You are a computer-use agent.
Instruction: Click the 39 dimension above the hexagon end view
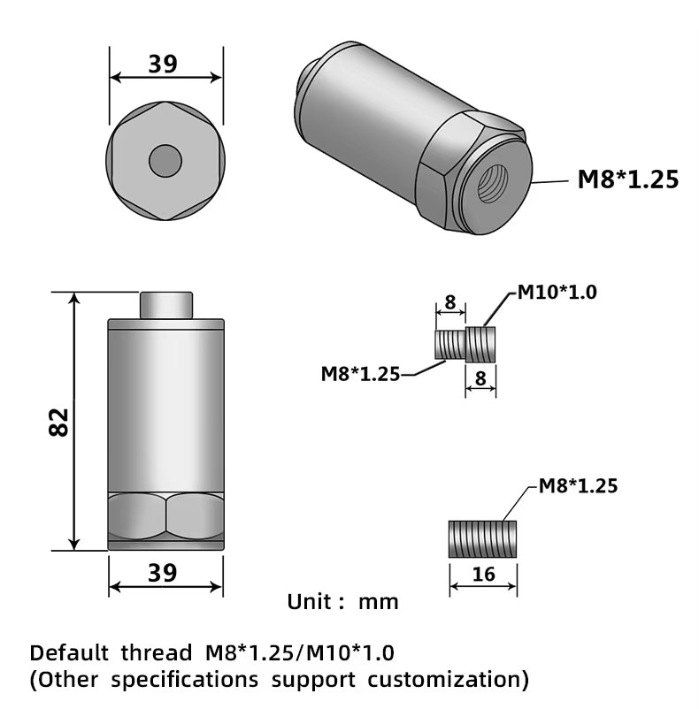[164, 65]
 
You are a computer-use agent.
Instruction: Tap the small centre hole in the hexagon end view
[165, 161]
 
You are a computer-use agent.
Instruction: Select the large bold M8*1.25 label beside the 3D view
[627, 179]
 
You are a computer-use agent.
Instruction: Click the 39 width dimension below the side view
[164, 572]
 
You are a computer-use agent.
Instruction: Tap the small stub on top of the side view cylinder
[165, 305]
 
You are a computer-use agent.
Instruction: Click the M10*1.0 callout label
[557, 293]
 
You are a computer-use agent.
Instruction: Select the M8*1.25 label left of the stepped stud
[359, 374]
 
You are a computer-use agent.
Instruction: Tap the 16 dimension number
[483, 575]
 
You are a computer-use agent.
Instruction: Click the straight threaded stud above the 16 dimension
[483, 538]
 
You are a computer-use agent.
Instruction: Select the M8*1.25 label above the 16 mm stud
[577, 485]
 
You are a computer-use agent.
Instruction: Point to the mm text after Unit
[378, 603]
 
